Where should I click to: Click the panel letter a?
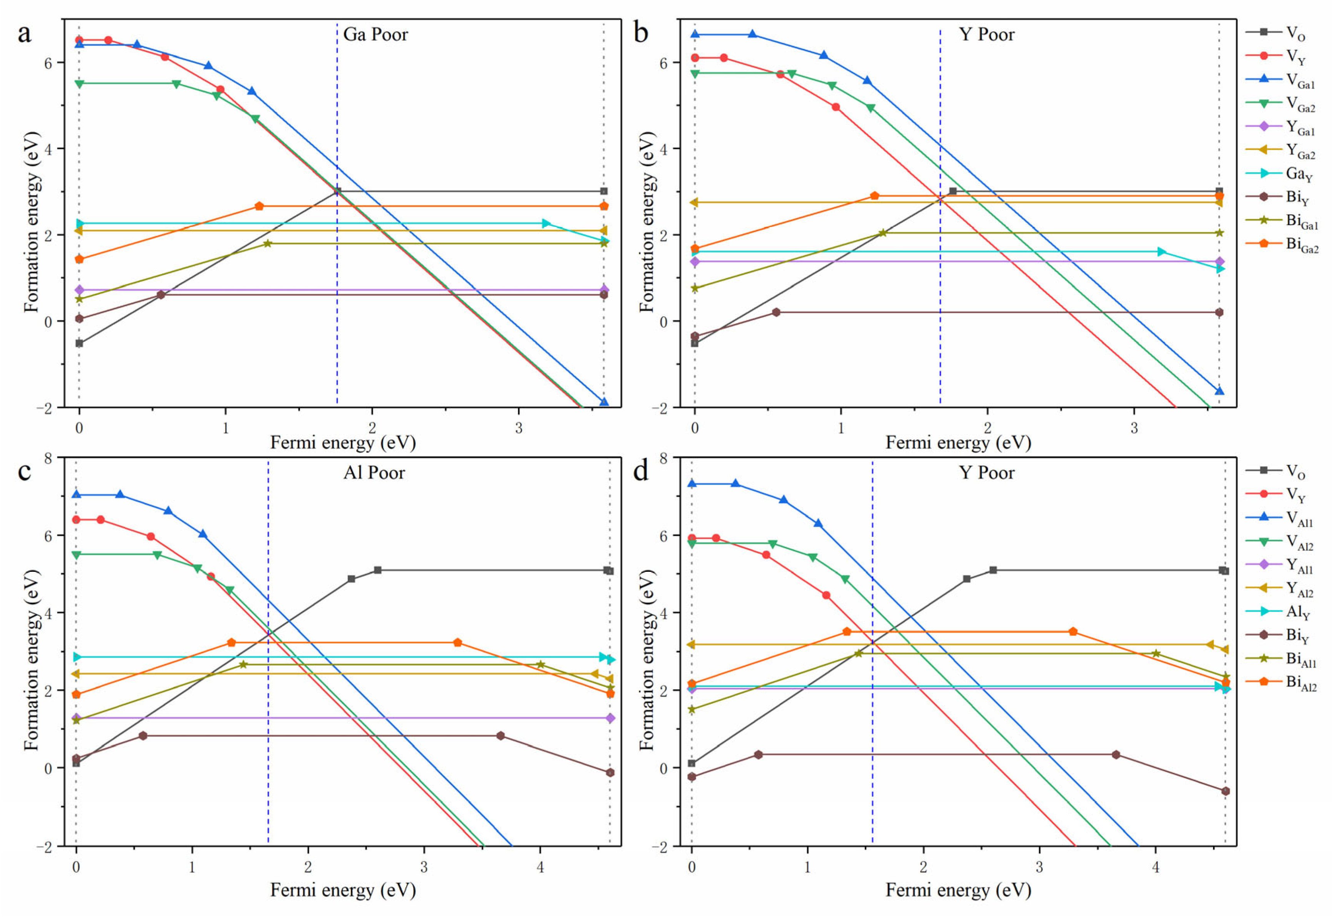point(24,33)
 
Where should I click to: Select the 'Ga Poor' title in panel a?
point(375,35)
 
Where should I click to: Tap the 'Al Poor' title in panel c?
point(374,473)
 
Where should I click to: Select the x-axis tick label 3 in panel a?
point(519,428)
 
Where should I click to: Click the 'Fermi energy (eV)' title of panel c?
point(343,890)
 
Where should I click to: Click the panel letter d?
point(640,472)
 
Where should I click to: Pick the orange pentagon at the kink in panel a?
point(259,206)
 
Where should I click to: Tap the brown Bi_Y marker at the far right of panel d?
point(1225,791)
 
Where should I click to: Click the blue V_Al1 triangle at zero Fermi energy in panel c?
point(77,495)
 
